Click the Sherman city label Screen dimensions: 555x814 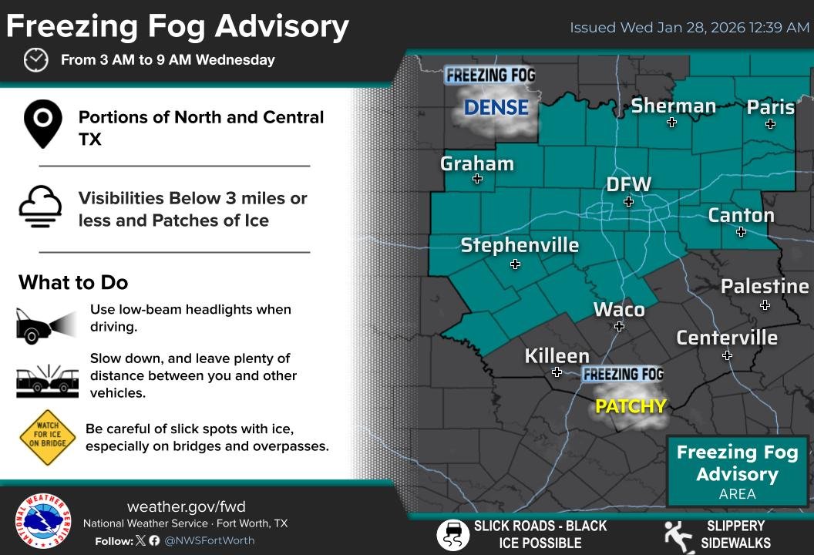pos(673,106)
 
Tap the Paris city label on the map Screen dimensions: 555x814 pos(770,107)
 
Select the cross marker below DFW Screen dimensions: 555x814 pos(628,202)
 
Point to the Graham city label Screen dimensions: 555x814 pos(476,163)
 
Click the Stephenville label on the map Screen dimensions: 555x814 pos(520,245)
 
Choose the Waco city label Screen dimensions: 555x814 pos(619,309)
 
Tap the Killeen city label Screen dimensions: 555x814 pos(557,355)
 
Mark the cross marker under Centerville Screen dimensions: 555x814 pos(727,355)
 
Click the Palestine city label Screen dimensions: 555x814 pos(765,286)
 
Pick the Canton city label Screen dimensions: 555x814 pos(741,214)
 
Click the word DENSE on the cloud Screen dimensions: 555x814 pos(496,108)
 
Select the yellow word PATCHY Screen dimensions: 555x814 pos(631,405)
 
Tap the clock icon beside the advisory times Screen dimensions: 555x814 pos(35,59)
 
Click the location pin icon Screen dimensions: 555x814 pos(42,126)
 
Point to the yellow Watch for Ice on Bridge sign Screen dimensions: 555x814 pos(48,438)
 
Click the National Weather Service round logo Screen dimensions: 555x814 pos(43,522)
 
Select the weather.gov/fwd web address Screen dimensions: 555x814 pos(186,506)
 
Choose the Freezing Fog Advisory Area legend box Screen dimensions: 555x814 pos(737,471)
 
